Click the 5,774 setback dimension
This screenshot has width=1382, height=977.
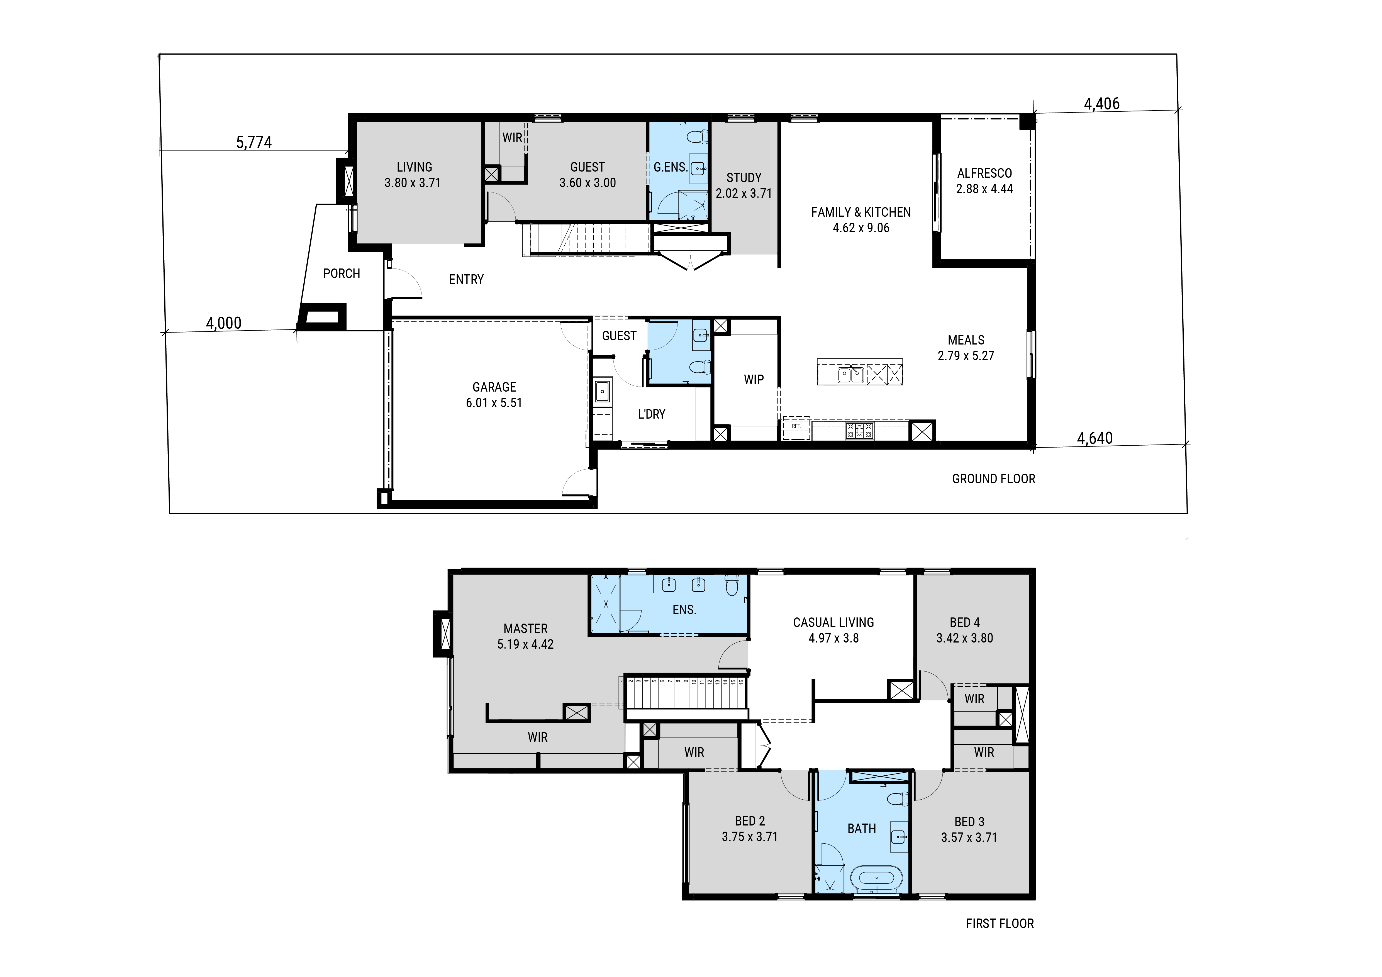[254, 143]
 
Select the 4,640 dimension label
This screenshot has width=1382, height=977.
[1095, 439]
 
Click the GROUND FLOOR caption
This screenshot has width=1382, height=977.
[994, 479]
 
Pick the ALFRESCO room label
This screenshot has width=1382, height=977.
[985, 173]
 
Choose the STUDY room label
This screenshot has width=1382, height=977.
[744, 178]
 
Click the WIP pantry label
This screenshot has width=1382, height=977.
[754, 380]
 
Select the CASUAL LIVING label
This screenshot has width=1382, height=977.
[834, 623]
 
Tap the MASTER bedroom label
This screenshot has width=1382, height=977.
[525, 629]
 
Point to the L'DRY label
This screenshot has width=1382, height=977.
[651, 414]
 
